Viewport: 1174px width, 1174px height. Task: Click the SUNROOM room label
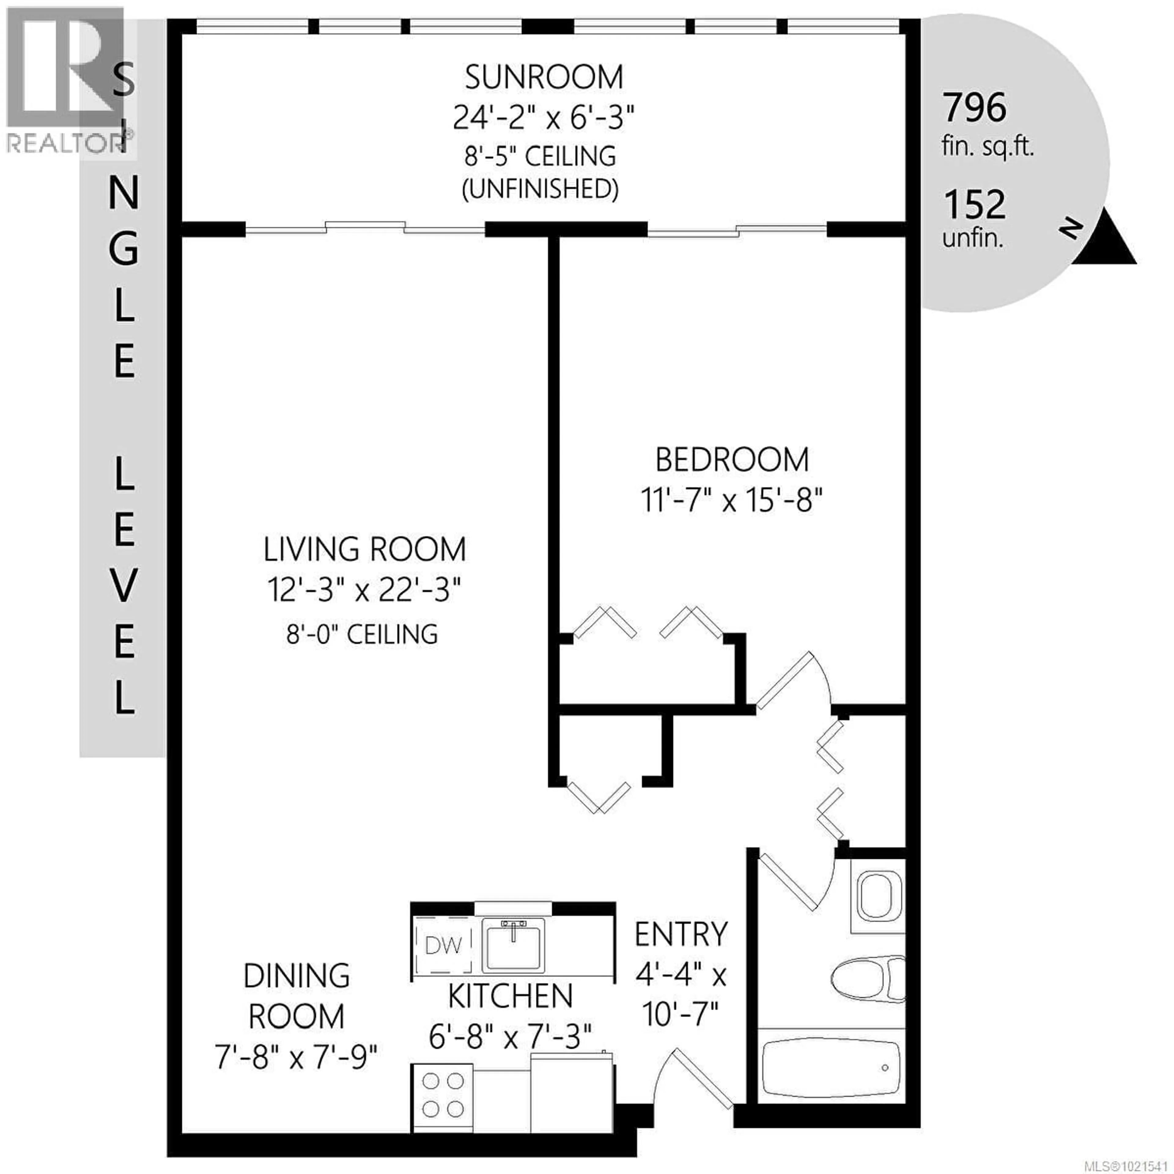544,77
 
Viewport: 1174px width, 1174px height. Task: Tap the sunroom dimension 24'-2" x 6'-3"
544,117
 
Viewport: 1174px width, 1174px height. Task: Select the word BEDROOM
732,460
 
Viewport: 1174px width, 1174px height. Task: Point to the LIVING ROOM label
365,549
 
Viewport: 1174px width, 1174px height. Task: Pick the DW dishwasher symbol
444,946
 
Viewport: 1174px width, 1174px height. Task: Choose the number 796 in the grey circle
974,108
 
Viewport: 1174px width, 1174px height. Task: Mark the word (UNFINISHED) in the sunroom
540,190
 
